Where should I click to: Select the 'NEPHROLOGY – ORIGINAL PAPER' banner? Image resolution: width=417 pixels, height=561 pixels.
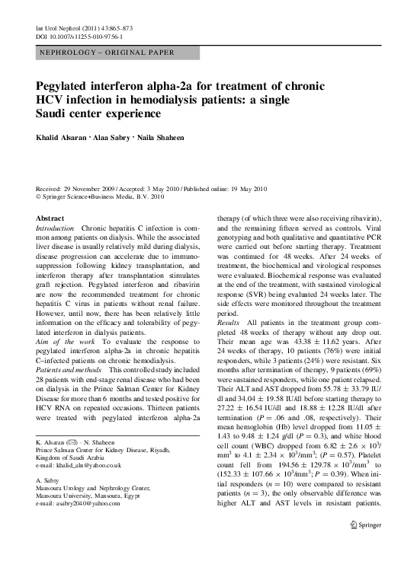point(105,53)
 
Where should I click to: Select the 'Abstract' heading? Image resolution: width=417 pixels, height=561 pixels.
point(50,218)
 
